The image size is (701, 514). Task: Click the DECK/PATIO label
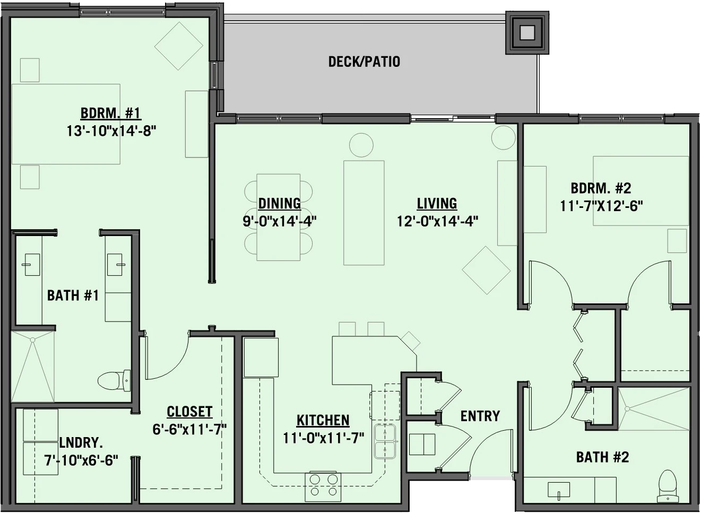click(x=364, y=62)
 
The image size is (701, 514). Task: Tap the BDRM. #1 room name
click(x=110, y=113)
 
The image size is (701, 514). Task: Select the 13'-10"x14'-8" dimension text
click(x=111, y=130)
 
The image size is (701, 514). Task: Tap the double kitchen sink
click(x=386, y=441)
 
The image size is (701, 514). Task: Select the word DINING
click(x=279, y=203)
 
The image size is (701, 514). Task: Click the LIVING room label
click(x=437, y=203)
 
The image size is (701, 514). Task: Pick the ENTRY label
click(x=480, y=416)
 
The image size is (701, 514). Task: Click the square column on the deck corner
click(x=527, y=33)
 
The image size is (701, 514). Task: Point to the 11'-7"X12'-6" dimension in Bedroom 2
click(x=601, y=206)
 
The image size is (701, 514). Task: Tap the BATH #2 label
click(x=602, y=457)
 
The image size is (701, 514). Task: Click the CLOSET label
click(x=189, y=412)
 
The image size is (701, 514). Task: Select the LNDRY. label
click(x=81, y=443)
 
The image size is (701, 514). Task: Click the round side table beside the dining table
click(x=361, y=145)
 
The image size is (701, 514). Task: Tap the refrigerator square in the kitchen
click(x=261, y=357)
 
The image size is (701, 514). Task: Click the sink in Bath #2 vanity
click(x=559, y=490)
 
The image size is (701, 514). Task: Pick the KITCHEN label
click(x=323, y=421)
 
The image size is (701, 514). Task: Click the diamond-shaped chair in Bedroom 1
click(x=179, y=46)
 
